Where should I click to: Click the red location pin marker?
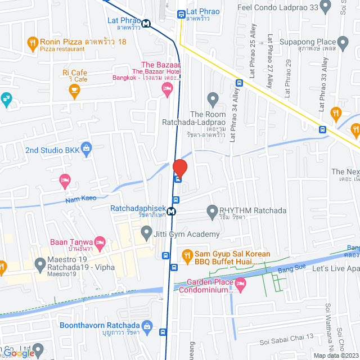(179, 168)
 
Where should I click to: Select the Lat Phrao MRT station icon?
(146, 24)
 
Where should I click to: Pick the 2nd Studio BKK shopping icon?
(86, 150)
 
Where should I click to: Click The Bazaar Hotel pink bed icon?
(167, 89)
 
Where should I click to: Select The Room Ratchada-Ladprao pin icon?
(213, 100)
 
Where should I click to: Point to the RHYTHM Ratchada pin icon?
(212, 211)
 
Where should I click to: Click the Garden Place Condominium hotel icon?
(241, 284)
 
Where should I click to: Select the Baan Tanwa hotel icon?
(101, 243)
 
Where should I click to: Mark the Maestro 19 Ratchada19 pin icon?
(40, 263)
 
